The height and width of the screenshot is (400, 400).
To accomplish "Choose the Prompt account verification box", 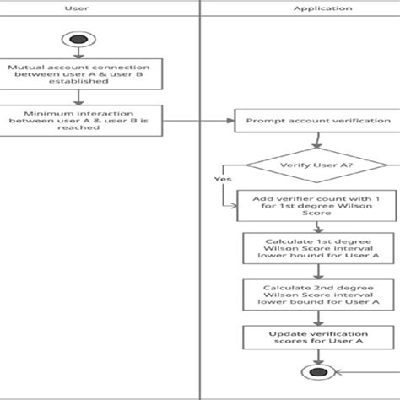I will [x=317, y=121].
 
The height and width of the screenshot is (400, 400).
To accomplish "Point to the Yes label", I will [x=223, y=179].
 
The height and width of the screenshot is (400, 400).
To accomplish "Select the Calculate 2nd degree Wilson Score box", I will [x=317, y=294].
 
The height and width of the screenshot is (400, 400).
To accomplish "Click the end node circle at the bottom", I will [x=317, y=373].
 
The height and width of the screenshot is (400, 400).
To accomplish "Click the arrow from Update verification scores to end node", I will [x=317, y=357].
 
